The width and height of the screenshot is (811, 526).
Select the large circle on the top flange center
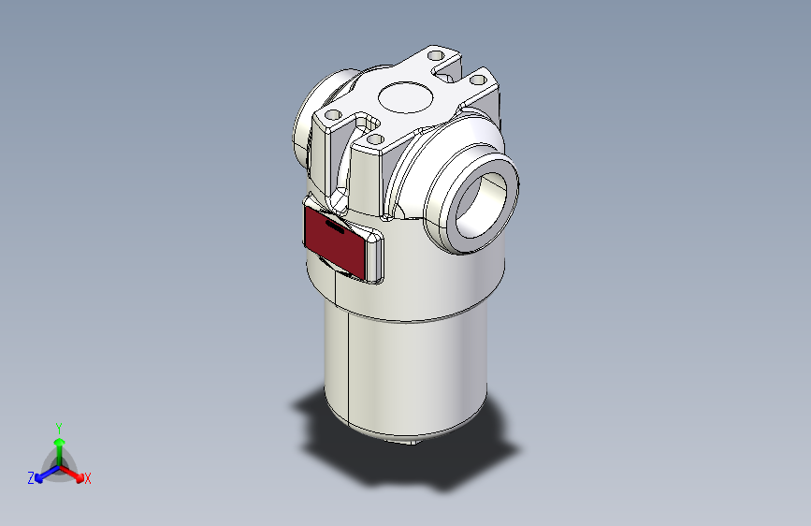coord(405,96)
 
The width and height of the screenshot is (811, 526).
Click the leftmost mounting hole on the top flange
coord(330,115)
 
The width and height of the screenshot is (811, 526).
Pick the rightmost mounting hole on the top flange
coord(478,81)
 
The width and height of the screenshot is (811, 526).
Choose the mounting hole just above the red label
coord(376,139)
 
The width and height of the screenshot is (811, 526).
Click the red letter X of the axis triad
coord(88,479)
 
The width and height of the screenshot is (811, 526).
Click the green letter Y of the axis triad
coord(58,426)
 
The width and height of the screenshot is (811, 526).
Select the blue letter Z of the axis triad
coord(31,478)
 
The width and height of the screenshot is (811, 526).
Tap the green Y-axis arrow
coord(59,446)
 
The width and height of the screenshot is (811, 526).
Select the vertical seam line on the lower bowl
coord(347,365)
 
